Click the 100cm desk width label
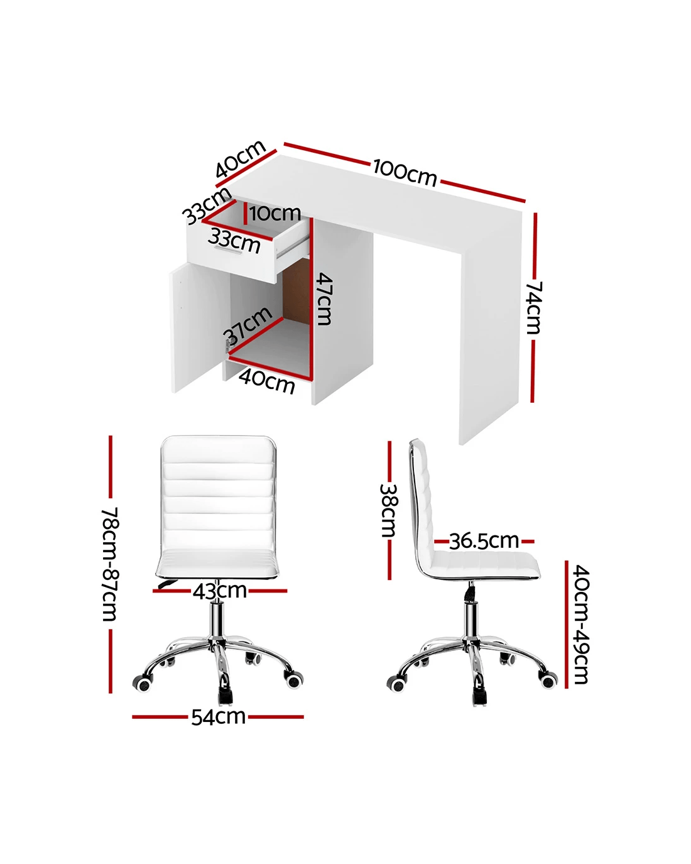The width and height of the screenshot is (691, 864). point(405,173)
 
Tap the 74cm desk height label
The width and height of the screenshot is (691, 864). point(535,308)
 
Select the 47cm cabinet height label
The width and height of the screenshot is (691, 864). point(324,298)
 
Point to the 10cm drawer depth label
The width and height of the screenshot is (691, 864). point(275,213)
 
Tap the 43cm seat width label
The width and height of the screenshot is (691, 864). point(220,591)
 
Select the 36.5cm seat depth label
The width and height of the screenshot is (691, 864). point(484,541)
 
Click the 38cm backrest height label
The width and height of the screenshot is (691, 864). point(389,510)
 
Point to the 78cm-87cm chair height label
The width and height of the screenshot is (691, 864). point(110,564)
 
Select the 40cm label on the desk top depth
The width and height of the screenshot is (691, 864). point(240,158)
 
